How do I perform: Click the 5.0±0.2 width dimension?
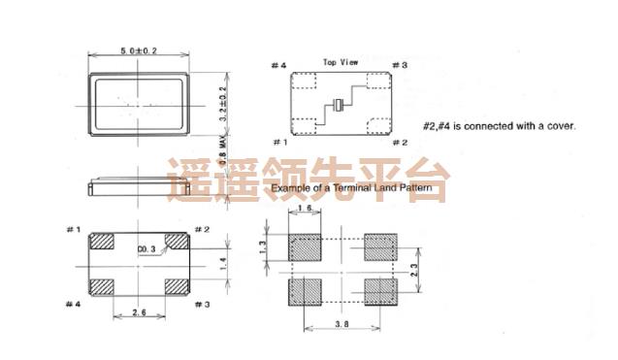coord(139,50)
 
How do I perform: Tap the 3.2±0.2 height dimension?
coord(222,101)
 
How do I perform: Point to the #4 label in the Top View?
coord(278,66)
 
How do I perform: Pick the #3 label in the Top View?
coord(398,66)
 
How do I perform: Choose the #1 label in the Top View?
coord(278,143)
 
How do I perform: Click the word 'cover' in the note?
coord(559,126)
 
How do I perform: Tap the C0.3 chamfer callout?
coord(147,249)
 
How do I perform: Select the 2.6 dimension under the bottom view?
coord(140,312)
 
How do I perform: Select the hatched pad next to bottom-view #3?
coord(177,286)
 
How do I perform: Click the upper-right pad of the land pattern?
coord(380,248)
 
